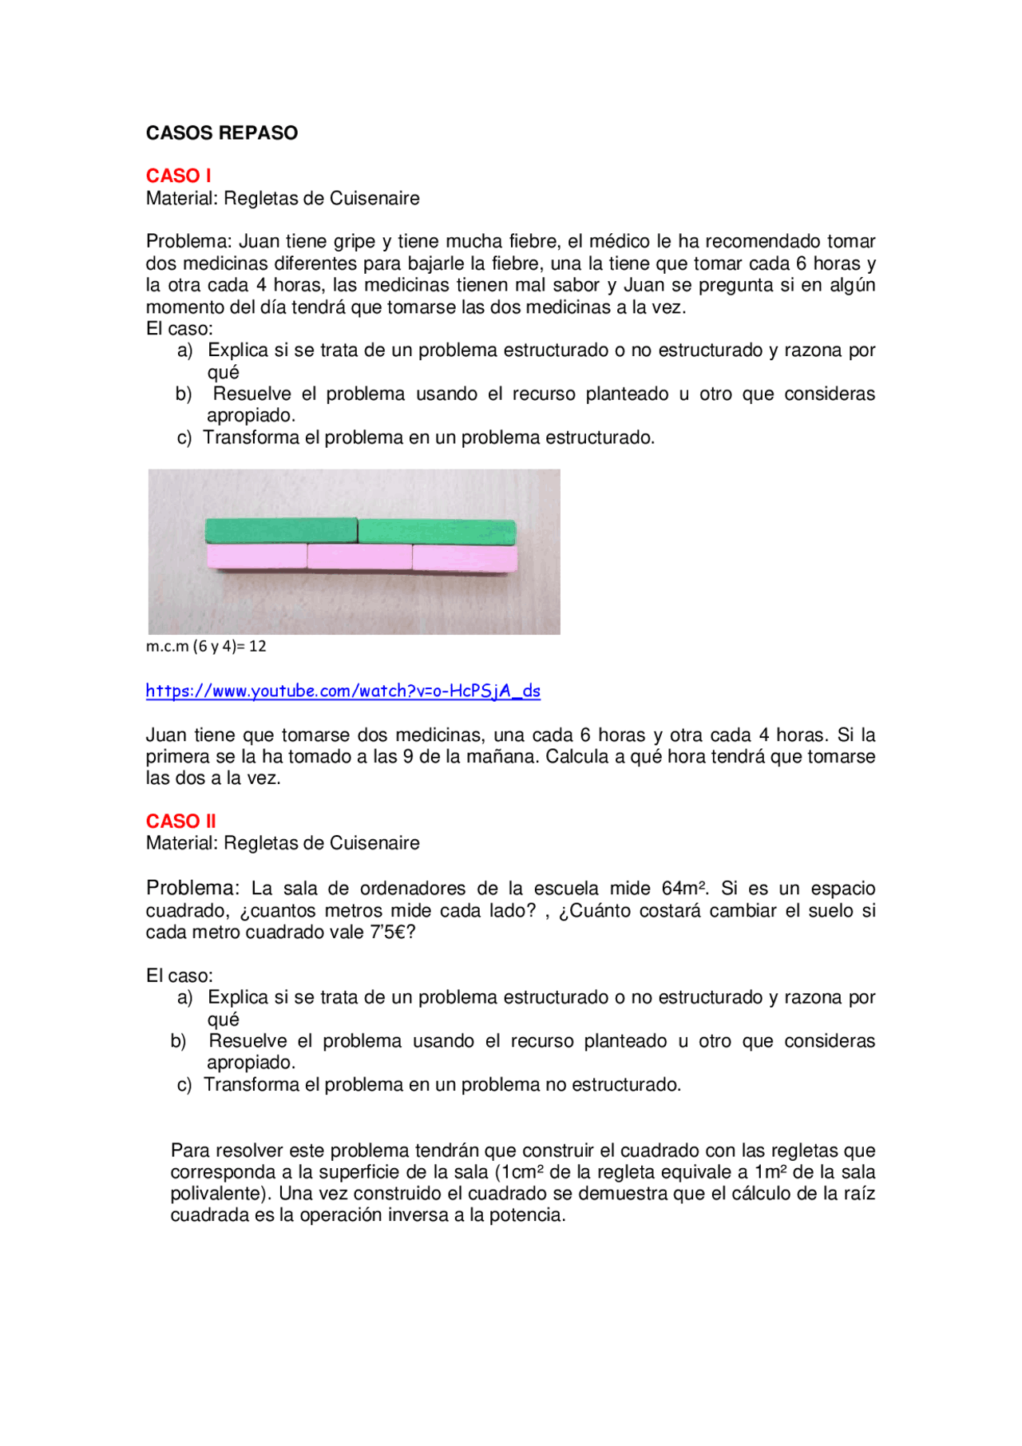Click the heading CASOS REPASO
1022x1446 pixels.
[x=221, y=133]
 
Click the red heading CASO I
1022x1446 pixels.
[x=178, y=176]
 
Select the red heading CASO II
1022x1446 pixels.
[x=180, y=821]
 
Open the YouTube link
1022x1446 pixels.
[x=343, y=691]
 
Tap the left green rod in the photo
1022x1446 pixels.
[x=280, y=530]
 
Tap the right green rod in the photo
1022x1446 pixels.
[x=437, y=532]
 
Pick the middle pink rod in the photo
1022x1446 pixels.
[x=359, y=557]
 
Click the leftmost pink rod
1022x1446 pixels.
[x=256, y=556]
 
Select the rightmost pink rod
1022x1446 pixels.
[x=465, y=558]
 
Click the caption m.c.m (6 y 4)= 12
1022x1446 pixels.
[x=206, y=646]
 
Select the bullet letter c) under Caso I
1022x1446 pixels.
[x=184, y=438]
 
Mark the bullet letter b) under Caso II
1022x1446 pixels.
[x=179, y=1041]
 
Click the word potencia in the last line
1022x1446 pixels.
[x=525, y=1215]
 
